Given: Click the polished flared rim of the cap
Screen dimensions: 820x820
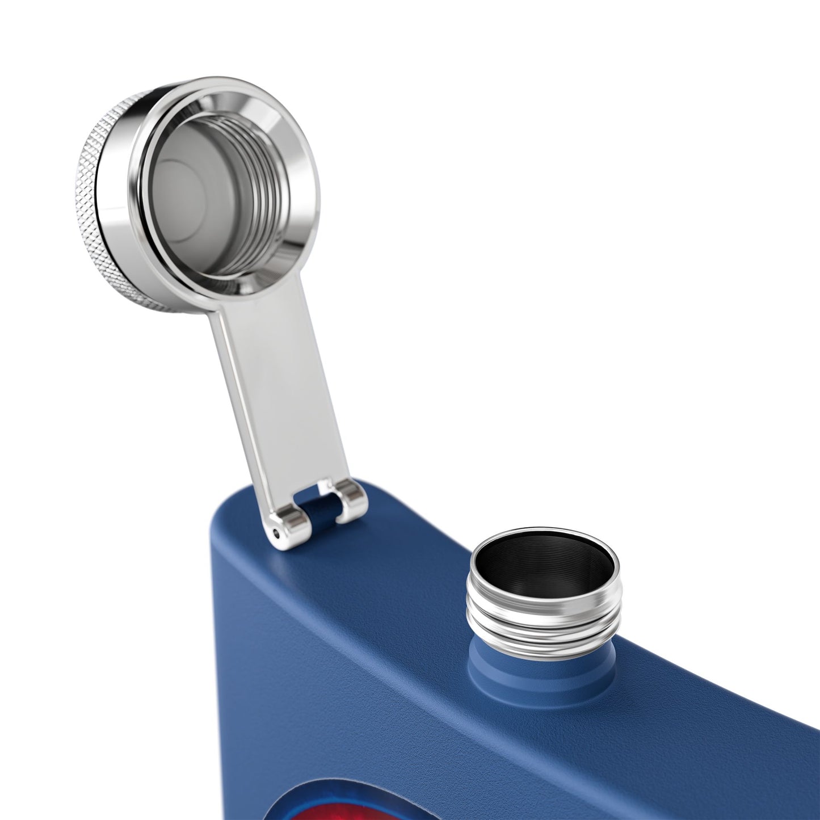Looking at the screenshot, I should tap(295, 170).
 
